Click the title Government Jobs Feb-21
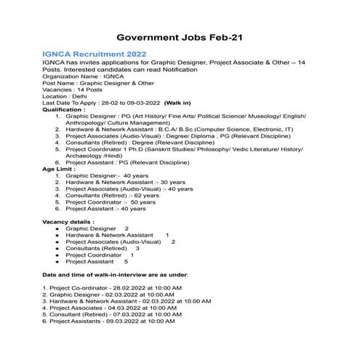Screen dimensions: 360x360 click(x=180, y=37)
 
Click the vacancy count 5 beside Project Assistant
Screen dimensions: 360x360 click(x=126, y=261)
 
